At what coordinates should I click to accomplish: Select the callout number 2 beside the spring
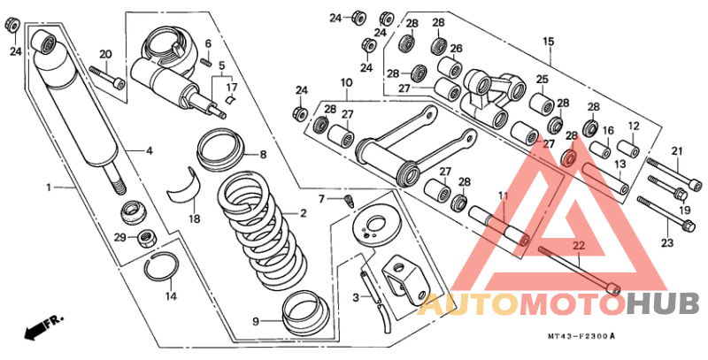(x=303, y=213)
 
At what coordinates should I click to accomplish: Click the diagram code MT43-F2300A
(x=580, y=337)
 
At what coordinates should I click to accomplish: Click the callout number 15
(x=548, y=41)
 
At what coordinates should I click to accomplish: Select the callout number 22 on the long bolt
(x=578, y=245)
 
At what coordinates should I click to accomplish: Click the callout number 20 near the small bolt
(x=105, y=55)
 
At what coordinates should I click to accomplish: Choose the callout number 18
(x=194, y=218)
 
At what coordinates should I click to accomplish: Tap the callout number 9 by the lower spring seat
(x=256, y=321)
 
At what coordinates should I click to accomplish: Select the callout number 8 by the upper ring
(x=263, y=155)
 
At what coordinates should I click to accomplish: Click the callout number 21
(x=677, y=151)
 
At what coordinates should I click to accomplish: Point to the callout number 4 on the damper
(x=150, y=150)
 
